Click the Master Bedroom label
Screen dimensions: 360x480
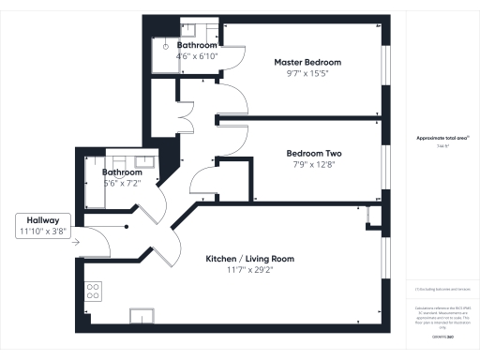point(307,62)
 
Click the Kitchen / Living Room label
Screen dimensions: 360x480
point(250,259)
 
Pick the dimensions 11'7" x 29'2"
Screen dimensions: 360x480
point(250,270)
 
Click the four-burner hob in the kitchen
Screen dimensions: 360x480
point(94,291)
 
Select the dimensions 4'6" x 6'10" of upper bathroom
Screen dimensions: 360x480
point(197,56)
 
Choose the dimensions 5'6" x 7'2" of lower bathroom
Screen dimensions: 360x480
point(122,184)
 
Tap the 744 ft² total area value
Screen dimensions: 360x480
point(442,146)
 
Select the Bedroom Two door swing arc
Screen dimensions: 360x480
point(206,177)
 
